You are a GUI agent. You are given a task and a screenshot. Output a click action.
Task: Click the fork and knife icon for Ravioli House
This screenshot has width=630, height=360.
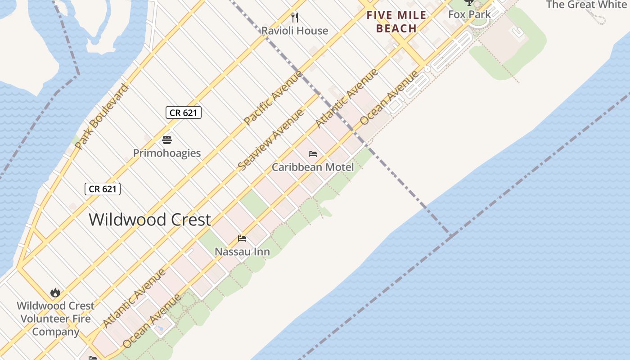point(295,18)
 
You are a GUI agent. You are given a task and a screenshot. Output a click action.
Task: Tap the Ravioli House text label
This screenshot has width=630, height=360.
point(295,31)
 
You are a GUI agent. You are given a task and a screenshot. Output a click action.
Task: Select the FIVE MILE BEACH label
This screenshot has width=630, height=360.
point(396,22)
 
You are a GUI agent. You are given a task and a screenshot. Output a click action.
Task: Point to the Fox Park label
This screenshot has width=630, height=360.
point(469,14)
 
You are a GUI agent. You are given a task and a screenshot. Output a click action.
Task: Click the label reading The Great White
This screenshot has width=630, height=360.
point(586,5)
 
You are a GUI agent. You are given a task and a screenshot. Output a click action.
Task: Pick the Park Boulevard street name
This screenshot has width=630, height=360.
point(102,117)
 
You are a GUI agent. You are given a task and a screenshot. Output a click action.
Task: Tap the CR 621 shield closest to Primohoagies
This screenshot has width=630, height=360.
point(183,112)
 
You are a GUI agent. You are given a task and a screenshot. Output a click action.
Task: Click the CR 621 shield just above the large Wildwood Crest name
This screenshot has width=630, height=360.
point(103,189)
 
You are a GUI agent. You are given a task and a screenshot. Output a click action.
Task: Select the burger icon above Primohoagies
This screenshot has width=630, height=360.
point(167,139)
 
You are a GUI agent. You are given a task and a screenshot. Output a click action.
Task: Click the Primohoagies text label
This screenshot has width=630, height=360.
point(167,153)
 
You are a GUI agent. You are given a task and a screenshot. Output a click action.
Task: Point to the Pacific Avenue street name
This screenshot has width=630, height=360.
point(273,98)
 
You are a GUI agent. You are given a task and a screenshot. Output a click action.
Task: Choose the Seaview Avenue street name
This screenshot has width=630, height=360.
point(270,140)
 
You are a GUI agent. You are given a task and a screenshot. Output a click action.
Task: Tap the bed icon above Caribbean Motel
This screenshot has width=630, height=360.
point(313,154)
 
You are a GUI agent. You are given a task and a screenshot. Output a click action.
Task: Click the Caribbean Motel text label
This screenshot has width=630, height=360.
point(313,167)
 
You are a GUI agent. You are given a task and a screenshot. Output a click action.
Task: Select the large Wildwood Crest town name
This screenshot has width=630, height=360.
point(150,220)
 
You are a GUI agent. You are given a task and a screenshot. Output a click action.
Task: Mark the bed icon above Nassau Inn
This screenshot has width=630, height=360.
point(242,238)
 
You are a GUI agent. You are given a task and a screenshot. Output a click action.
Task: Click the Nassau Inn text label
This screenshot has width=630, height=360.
point(242,252)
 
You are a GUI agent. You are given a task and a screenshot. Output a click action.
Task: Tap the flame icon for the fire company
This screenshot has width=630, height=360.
point(55,293)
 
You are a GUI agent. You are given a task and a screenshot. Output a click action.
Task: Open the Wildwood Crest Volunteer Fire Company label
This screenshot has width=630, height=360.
point(55,319)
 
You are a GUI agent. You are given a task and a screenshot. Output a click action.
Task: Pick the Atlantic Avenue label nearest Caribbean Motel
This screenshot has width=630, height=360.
point(346,99)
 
